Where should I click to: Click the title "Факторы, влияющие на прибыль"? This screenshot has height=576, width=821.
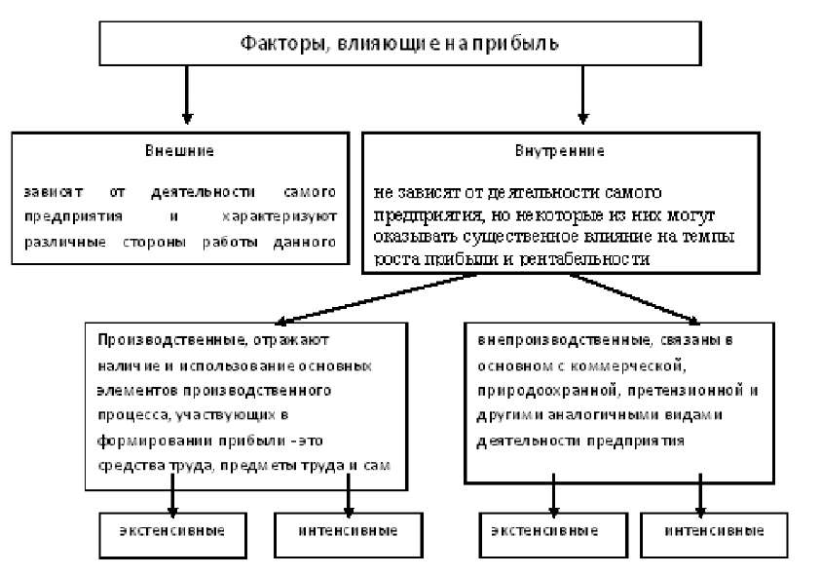point(399,44)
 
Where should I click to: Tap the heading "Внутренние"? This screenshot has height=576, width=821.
point(559,151)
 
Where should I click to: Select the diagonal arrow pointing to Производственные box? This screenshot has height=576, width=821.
point(370,297)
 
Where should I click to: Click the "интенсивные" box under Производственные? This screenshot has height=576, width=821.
point(348,531)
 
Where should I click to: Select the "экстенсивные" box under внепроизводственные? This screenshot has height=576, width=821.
point(551,531)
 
